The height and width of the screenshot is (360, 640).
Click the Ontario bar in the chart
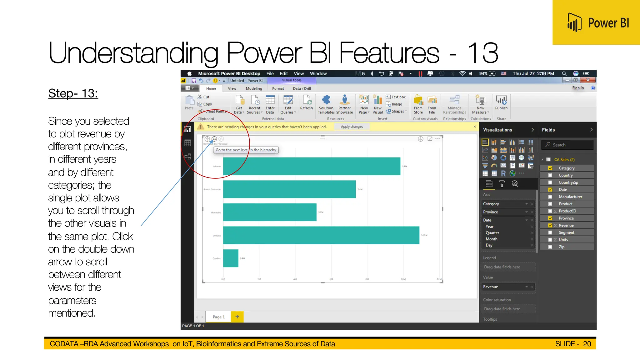pos(321,235)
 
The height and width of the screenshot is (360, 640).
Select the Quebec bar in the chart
pos(231,258)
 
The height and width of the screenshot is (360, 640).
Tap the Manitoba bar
pos(269,212)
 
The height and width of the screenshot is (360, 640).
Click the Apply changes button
pos(352,127)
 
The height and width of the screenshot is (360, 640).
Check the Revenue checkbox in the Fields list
pos(550,225)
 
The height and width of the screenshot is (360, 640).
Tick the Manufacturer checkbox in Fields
pos(550,197)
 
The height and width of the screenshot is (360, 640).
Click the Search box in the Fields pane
pos(567,145)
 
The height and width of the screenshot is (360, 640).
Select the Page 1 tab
pos(218,317)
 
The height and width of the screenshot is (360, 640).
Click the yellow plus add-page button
pos(237,317)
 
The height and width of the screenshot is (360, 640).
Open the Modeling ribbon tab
pos(254,88)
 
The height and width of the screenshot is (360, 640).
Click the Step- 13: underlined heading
pos(73,93)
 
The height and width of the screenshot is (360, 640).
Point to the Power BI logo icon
pos(574,22)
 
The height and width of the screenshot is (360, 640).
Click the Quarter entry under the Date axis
pos(492,233)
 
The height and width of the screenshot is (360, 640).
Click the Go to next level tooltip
pos(246,150)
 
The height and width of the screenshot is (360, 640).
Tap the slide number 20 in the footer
pos(587,344)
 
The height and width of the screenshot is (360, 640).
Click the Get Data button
pos(239,104)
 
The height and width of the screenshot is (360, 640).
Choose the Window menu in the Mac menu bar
pos(318,73)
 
